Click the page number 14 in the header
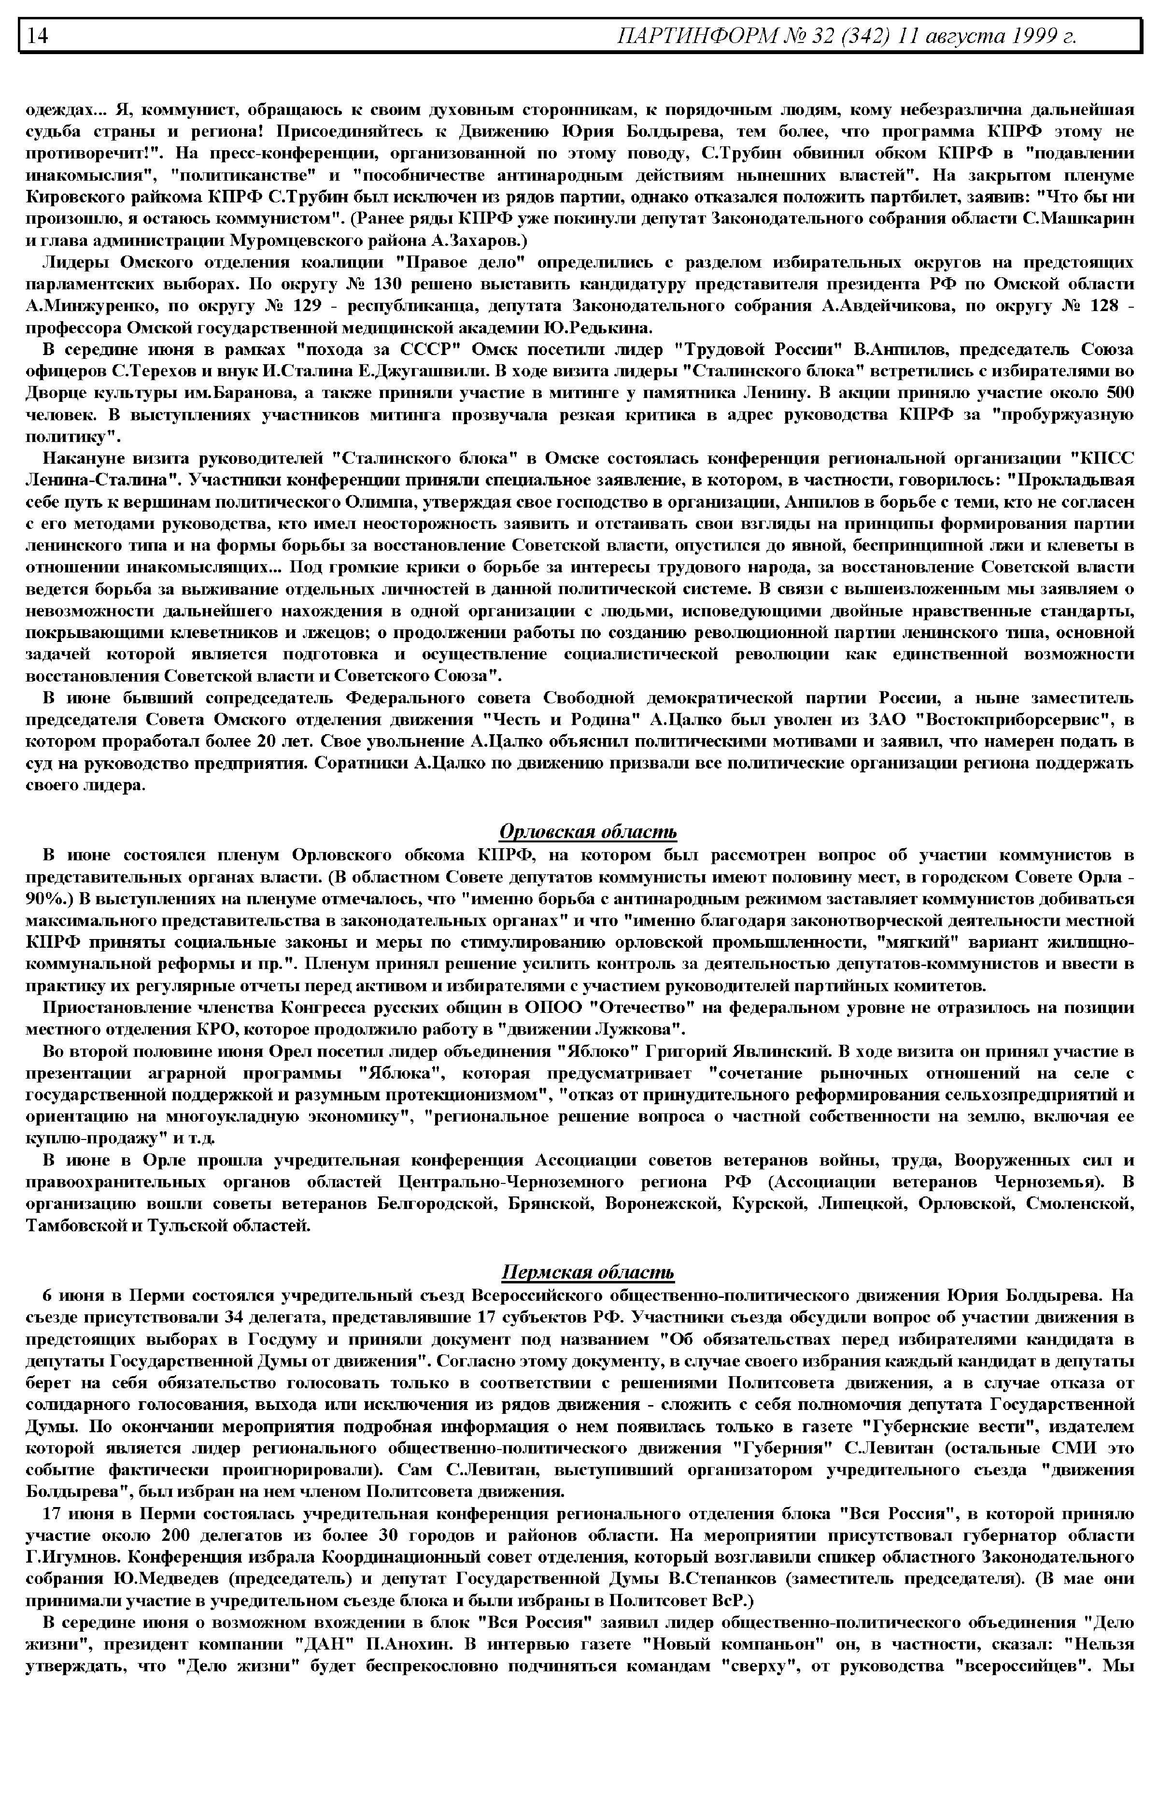[x=38, y=35]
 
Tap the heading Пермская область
[x=588, y=1272]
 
